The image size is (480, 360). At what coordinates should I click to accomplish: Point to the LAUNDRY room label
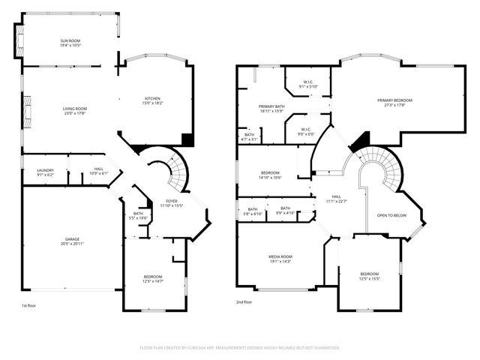point(46,172)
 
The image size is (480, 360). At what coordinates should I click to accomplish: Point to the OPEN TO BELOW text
point(391,214)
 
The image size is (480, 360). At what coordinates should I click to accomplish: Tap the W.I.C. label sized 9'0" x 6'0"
point(306,131)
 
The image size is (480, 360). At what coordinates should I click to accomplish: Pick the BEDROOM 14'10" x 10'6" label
point(271,175)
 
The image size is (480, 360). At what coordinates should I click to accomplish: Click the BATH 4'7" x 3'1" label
point(250,136)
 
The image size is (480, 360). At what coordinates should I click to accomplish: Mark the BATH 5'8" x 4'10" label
point(253,211)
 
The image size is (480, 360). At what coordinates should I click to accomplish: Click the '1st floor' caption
point(28,306)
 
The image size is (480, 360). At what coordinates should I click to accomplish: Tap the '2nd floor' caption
point(244,301)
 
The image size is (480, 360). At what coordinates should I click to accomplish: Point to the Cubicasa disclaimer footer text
point(240,347)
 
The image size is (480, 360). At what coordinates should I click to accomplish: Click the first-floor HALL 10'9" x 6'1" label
point(99,171)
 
